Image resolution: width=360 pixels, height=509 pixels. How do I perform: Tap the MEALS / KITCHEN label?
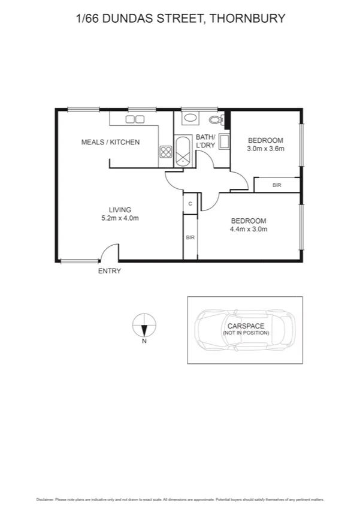pyautogui.click(x=110, y=142)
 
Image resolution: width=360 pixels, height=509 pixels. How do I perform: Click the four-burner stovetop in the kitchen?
pyautogui.click(x=165, y=152)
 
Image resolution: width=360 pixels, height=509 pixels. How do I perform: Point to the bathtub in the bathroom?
pyautogui.click(x=182, y=151)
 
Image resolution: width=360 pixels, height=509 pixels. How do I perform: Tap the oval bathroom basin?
pyautogui.click(x=191, y=118)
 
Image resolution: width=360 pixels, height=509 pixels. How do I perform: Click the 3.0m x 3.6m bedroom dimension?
pyautogui.click(x=265, y=149)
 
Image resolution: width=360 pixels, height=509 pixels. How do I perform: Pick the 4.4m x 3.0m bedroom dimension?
pyautogui.click(x=249, y=228)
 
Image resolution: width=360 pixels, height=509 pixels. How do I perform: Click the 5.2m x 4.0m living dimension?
pyautogui.click(x=120, y=218)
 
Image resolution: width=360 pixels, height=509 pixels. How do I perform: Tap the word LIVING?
pyautogui.click(x=120, y=209)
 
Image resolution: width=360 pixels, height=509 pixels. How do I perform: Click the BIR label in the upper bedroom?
pyautogui.click(x=277, y=185)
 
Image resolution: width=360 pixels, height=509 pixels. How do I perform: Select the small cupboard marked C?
pyautogui.click(x=190, y=204)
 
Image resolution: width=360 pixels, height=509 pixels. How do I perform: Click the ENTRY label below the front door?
pyautogui.click(x=110, y=271)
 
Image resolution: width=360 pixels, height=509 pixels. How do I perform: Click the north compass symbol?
pyautogui.click(x=144, y=326)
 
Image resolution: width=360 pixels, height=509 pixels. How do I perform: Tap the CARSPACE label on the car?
pyautogui.click(x=246, y=326)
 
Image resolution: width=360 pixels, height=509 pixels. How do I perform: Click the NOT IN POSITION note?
pyautogui.click(x=246, y=333)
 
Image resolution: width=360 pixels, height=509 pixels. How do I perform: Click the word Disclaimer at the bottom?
pyautogui.click(x=46, y=499)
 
